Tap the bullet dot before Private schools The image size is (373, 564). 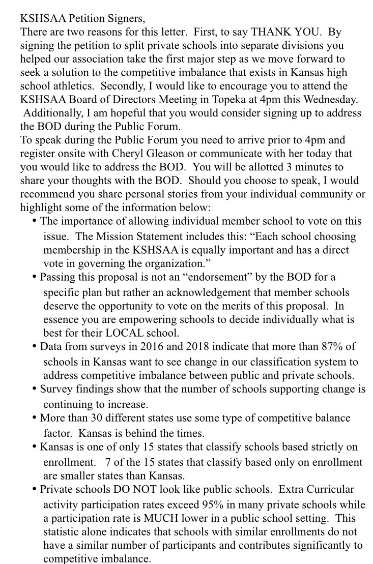pos(35,489)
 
